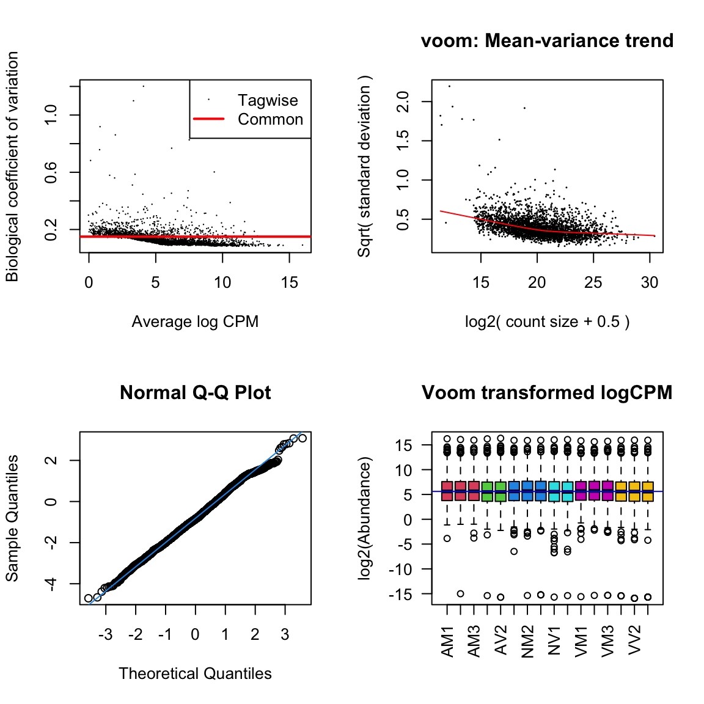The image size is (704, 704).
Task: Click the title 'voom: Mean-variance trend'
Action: (547, 41)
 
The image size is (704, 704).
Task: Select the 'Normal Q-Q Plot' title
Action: (195, 393)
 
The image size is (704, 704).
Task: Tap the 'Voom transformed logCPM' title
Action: (547, 393)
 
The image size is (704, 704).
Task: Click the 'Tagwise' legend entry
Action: (268, 100)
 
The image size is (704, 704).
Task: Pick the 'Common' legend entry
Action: (270, 120)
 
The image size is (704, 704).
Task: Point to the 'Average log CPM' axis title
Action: (195, 322)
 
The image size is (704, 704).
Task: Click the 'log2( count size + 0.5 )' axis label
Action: (547, 322)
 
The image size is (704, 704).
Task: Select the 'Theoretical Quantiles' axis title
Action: (195, 674)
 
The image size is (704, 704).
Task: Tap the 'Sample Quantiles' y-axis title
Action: (12, 518)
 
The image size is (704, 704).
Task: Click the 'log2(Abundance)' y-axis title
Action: (365, 518)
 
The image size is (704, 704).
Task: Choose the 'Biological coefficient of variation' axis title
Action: (12, 166)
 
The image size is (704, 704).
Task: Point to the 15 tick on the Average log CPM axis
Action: (290, 282)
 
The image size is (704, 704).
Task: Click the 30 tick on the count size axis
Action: (650, 282)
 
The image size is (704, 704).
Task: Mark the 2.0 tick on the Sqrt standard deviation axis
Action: (403, 101)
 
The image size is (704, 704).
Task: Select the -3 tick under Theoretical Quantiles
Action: (106, 635)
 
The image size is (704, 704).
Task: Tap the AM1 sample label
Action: (448, 641)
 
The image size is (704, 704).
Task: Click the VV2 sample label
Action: (635, 640)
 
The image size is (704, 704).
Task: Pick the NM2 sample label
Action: (528, 641)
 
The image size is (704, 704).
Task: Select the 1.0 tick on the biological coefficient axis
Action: (51, 115)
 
